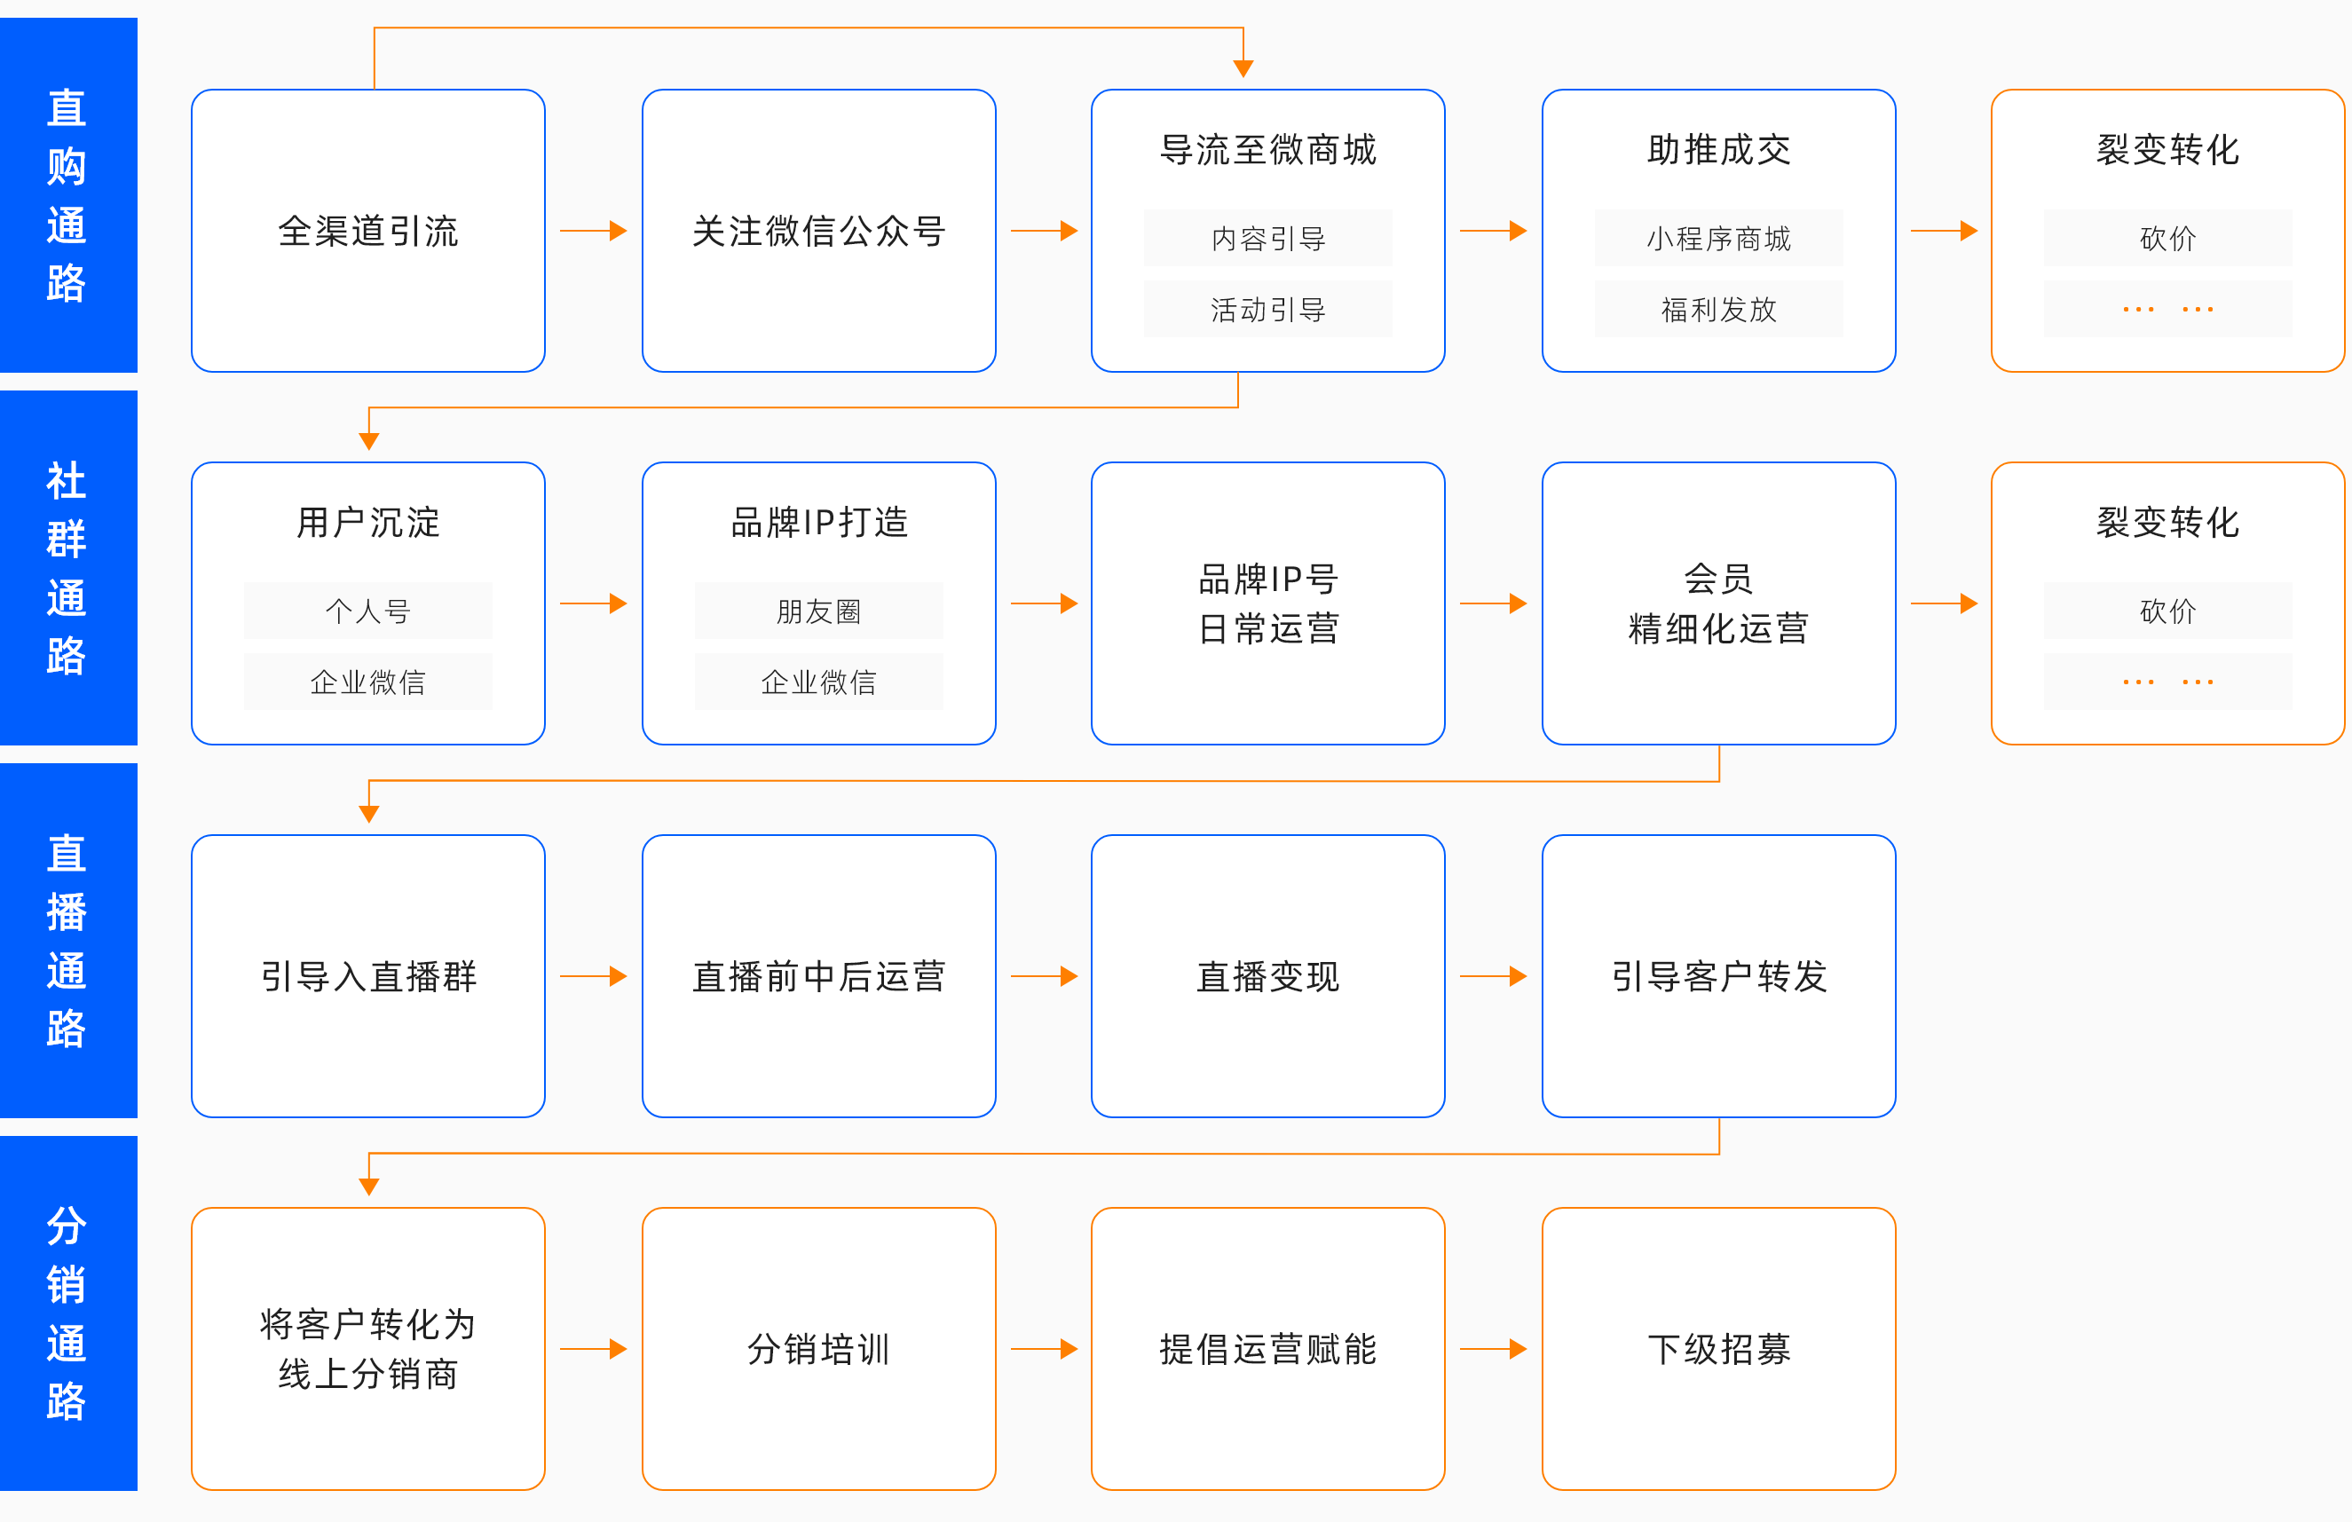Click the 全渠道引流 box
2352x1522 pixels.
(367, 230)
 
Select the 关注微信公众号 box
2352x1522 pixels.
(818, 230)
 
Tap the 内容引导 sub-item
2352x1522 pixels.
(1268, 238)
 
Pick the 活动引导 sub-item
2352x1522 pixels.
(1268, 310)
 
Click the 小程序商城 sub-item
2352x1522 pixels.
(1718, 238)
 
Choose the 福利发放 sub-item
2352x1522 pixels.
(1718, 310)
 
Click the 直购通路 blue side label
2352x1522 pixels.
(68, 194)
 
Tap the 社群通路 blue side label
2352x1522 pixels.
(68, 567)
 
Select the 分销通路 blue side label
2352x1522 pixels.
(68, 1313)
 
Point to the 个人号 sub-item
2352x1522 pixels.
(367, 611)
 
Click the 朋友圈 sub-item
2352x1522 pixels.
(818, 611)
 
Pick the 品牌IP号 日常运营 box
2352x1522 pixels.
(1268, 603)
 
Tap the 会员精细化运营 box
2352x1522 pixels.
(1718, 603)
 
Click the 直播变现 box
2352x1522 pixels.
(1268, 976)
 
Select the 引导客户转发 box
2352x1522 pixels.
(1718, 976)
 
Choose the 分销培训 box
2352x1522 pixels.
(818, 1349)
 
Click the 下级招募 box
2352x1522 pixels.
(1718, 1349)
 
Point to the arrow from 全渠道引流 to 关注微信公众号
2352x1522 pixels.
(593, 230)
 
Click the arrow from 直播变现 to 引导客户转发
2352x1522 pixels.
(1493, 976)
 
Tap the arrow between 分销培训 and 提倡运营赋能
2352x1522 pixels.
(1044, 1349)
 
